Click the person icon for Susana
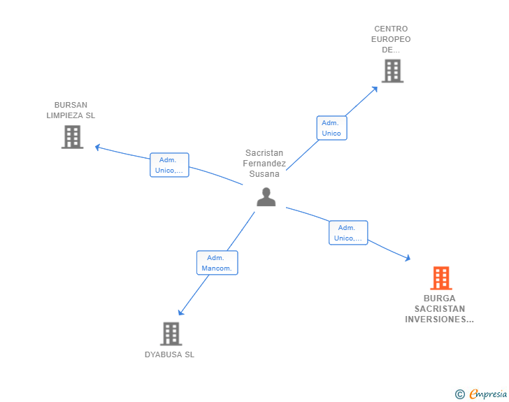[266, 196]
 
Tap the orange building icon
[440, 278]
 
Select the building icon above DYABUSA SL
[171, 333]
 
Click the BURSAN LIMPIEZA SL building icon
[73, 137]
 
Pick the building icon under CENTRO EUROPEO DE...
[392, 71]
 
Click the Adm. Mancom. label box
[217, 263]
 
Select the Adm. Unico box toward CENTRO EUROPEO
[331, 128]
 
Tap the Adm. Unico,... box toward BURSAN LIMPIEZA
[169, 165]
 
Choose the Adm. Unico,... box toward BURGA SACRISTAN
[348, 233]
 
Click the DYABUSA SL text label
[169, 354]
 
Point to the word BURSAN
[71, 105]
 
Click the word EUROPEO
[391, 39]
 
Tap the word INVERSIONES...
[439, 320]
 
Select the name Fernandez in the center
[264, 164]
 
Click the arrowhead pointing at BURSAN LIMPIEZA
[97, 148]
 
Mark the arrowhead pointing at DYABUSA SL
[181, 312]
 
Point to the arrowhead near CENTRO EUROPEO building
[375, 89]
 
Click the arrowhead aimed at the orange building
[408, 258]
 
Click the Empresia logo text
[488, 394]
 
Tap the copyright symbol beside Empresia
[460, 394]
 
